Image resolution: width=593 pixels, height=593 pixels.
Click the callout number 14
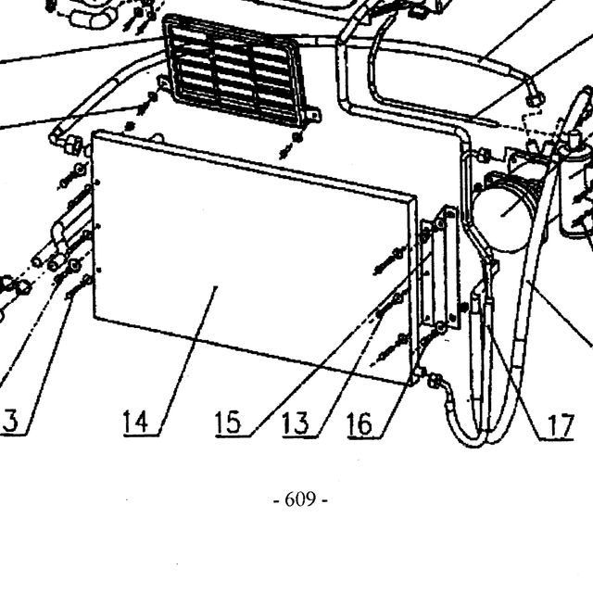pyautogui.click(x=135, y=422)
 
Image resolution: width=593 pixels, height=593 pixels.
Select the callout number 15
pyautogui.click(x=228, y=423)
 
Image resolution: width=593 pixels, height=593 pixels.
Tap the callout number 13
pyautogui.click(x=296, y=423)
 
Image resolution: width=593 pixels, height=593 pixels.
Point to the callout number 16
pyautogui.click(x=360, y=423)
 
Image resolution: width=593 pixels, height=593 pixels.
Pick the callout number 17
pyautogui.click(x=561, y=425)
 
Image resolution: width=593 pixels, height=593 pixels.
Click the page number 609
pyautogui.click(x=300, y=499)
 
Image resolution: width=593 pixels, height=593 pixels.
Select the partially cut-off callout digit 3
pyautogui.click(x=10, y=421)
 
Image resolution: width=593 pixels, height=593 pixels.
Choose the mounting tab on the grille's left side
pyautogui.click(x=163, y=82)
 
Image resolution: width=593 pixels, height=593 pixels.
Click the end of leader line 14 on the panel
pyautogui.click(x=216, y=287)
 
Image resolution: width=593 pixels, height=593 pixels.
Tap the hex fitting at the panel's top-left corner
pyautogui.click(x=72, y=145)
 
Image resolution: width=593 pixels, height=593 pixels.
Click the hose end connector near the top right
pyautogui.click(x=536, y=99)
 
